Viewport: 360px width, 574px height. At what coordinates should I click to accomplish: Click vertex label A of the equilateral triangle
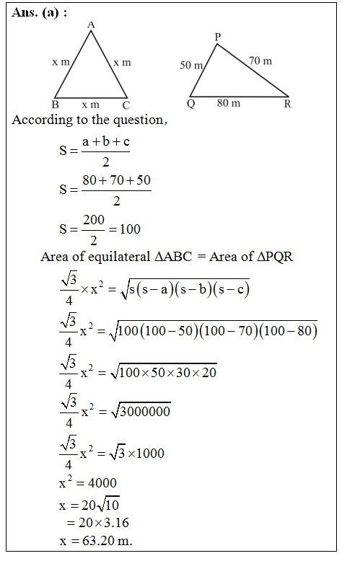tap(91, 25)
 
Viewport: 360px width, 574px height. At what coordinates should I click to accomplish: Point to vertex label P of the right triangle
tap(218, 37)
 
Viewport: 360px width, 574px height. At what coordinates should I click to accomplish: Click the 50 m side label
tap(191, 66)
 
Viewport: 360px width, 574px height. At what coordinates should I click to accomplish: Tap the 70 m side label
tap(260, 61)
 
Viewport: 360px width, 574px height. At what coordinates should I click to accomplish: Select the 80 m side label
tap(229, 104)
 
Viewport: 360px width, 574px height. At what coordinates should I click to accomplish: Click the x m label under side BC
tap(90, 105)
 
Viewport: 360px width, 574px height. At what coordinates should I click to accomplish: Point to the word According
tap(40, 120)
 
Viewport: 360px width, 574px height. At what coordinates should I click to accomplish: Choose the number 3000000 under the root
tap(143, 411)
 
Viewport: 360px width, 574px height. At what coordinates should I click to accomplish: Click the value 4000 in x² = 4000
tap(100, 482)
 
